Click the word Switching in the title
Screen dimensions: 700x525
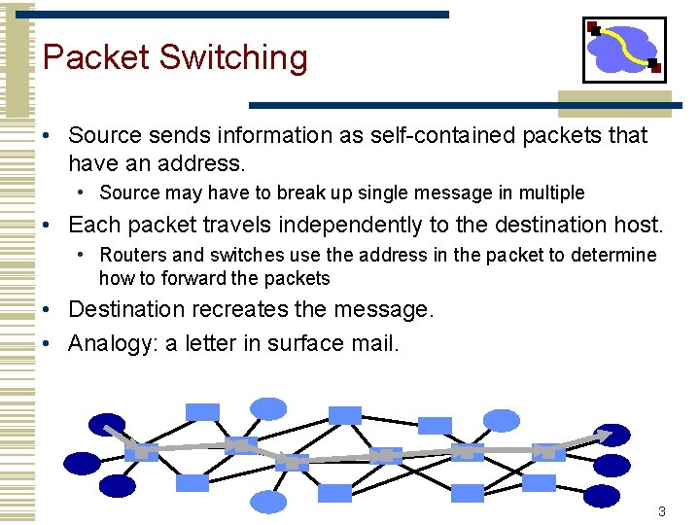pyautogui.click(x=232, y=57)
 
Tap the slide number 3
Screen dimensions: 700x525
pyautogui.click(x=662, y=511)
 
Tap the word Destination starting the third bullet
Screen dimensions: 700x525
pyautogui.click(x=130, y=310)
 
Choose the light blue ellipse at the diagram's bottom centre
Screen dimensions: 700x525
pyautogui.click(x=269, y=502)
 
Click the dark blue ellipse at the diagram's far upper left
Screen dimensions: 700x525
pyautogui.click(x=107, y=424)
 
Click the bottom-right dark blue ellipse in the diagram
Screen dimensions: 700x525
pyautogui.click(x=602, y=496)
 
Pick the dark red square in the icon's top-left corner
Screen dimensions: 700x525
pyautogui.click(x=594, y=28)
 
